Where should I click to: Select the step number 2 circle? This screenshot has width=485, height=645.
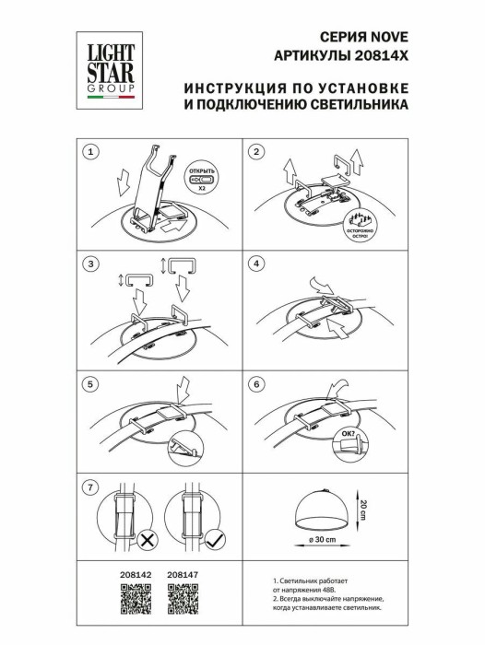(258, 151)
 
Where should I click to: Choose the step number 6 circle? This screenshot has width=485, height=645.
(258, 383)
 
